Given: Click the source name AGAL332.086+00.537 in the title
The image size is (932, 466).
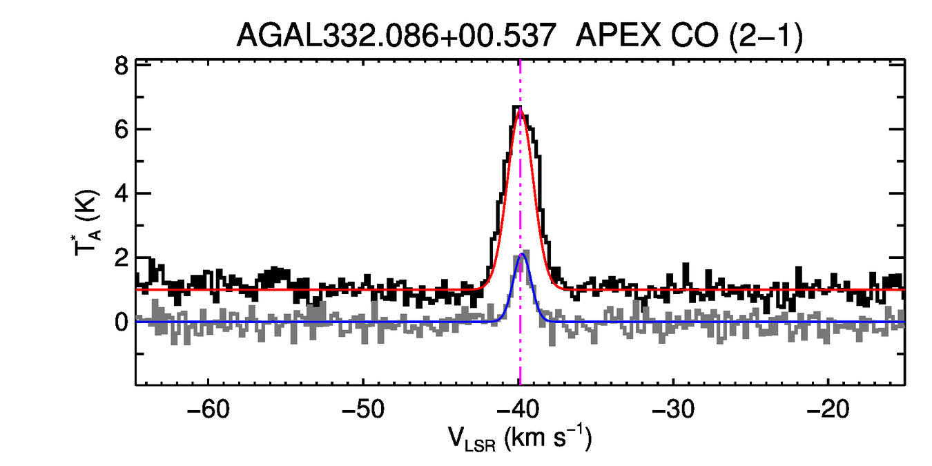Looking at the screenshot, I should (396, 35).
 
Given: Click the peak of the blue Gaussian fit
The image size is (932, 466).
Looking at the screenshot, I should (523, 254).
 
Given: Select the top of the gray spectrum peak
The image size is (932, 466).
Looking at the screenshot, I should (527, 251).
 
